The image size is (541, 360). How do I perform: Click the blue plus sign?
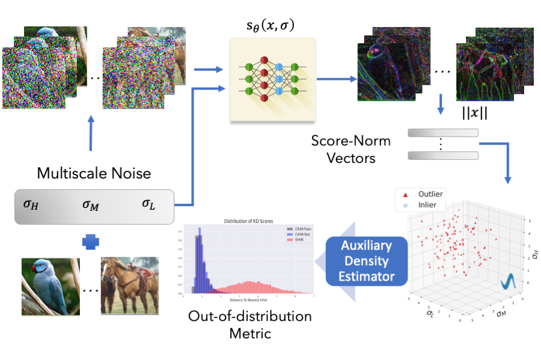point(90,242)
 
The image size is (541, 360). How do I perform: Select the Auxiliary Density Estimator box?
point(366,261)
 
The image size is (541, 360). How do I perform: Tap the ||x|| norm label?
point(475,115)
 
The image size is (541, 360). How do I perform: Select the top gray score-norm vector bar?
point(443,133)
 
